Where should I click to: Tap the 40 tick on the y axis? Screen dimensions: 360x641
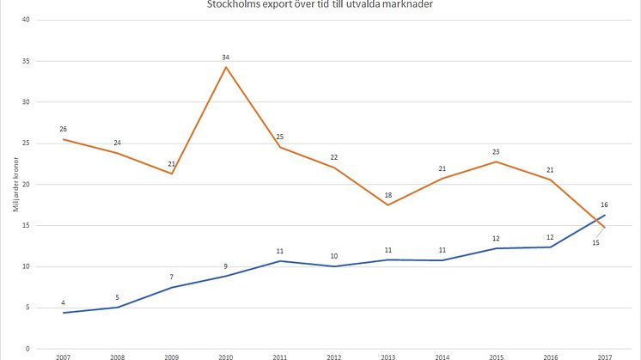pos(27,20)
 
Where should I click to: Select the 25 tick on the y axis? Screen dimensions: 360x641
pos(27,143)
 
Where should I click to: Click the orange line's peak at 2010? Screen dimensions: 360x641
pos(226,67)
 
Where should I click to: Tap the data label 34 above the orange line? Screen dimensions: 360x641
pos(226,57)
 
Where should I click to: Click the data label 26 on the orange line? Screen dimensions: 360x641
pos(63,129)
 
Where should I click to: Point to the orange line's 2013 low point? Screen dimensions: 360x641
pos(388,204)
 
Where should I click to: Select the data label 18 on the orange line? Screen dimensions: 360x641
pos(388,194)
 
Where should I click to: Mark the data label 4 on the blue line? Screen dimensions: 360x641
pos(63,302)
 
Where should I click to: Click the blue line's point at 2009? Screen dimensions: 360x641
pos(172,287)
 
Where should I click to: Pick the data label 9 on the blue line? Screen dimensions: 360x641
pos(226,266)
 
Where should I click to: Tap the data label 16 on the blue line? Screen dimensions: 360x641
pos(606,205)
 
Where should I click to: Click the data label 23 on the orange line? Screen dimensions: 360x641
pos(497,152)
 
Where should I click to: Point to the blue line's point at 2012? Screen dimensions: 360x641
pos(334,266)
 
